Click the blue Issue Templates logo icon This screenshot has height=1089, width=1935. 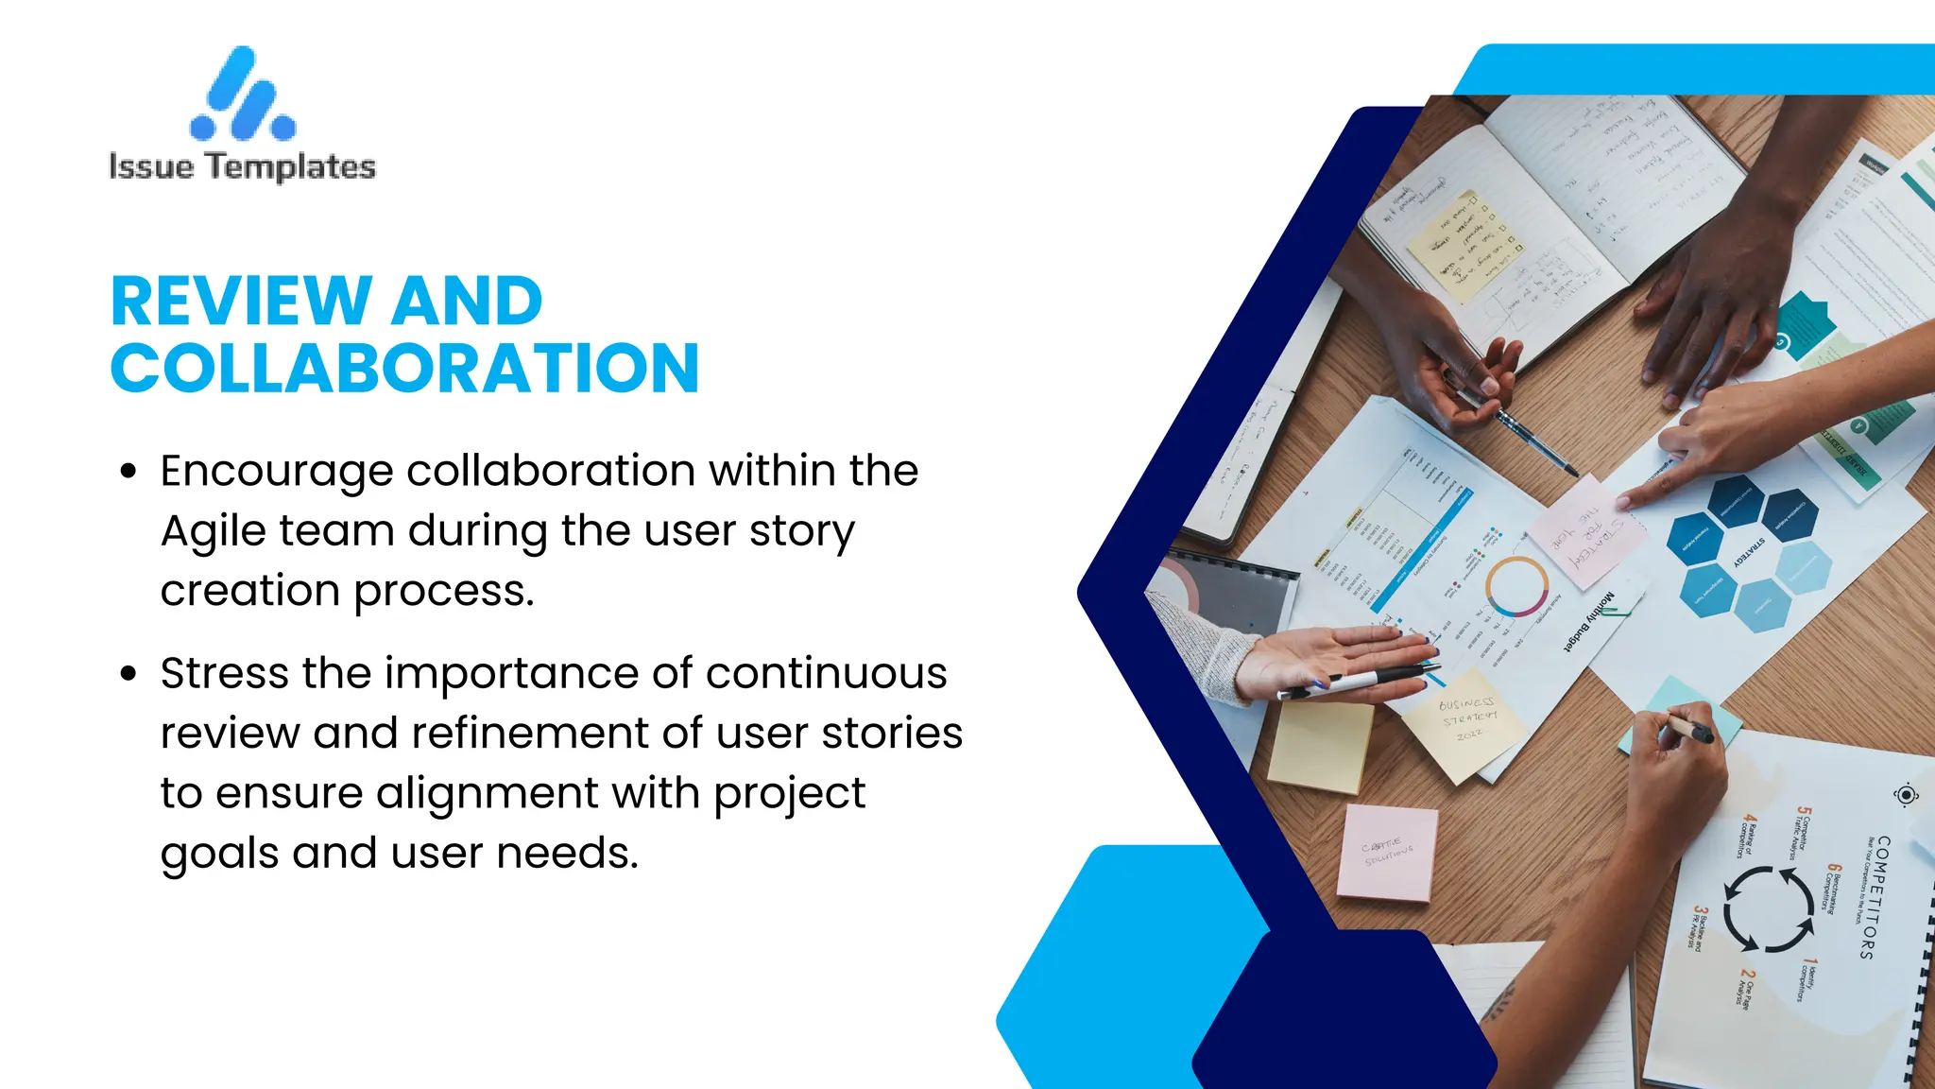tap(243, 95)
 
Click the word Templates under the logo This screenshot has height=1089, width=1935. tap(291, 167)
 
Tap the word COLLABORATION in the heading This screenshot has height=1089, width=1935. tap(405, 368)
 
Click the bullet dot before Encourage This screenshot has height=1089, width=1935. tap(129, 471)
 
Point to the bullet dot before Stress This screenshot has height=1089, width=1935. tap(129, 674)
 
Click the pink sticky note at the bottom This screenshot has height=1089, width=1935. tap(1386, 853)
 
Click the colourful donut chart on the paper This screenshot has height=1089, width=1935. tap(1516, 586)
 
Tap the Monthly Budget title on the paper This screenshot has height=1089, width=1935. tap(1589, 619)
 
